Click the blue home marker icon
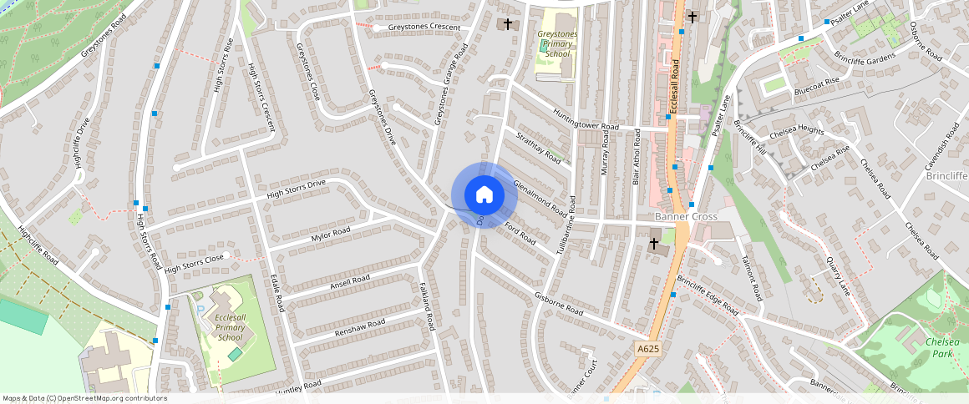point(484,195)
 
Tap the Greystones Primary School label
point(557,43)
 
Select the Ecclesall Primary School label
point(229,327)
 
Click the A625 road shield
point(647,348)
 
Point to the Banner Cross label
point(686,216)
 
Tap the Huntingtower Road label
point(584,120)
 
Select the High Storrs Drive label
point(296,189)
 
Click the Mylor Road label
point(331,237)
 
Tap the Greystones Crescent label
point(424,28)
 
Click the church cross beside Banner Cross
point(654,243)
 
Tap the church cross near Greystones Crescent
point(507,24)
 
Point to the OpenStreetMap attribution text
point(84,398)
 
